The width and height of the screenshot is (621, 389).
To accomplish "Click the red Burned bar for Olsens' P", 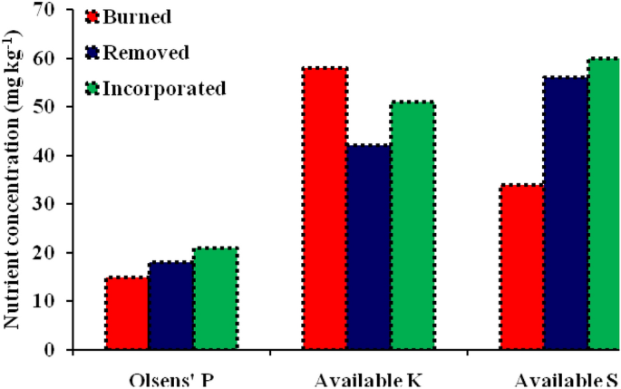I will [x=128, y=313].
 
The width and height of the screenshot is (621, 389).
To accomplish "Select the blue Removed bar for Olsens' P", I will [x=172, y=306].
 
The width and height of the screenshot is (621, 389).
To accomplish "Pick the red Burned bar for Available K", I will [x=325, y=209].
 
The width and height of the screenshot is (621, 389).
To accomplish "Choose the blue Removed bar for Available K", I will [x=369, y=247].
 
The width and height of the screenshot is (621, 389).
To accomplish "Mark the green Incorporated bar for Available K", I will [x=412, y=226].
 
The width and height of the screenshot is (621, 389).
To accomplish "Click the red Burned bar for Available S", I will [x=521, y=267].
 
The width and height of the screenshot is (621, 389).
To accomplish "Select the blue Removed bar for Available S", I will [x=567, y=213].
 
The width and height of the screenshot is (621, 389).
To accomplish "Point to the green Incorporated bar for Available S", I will [x=604, y=204].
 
